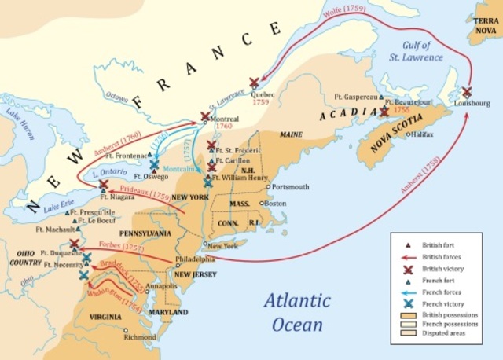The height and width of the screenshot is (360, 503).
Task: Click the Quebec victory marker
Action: coord(254,82)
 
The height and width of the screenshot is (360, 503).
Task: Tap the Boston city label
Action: coord(275,203)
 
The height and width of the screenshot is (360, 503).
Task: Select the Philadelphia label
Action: coord(196,259)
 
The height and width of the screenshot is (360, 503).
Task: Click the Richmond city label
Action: coord(140,336)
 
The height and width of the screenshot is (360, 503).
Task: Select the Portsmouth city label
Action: coord(291,187)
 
